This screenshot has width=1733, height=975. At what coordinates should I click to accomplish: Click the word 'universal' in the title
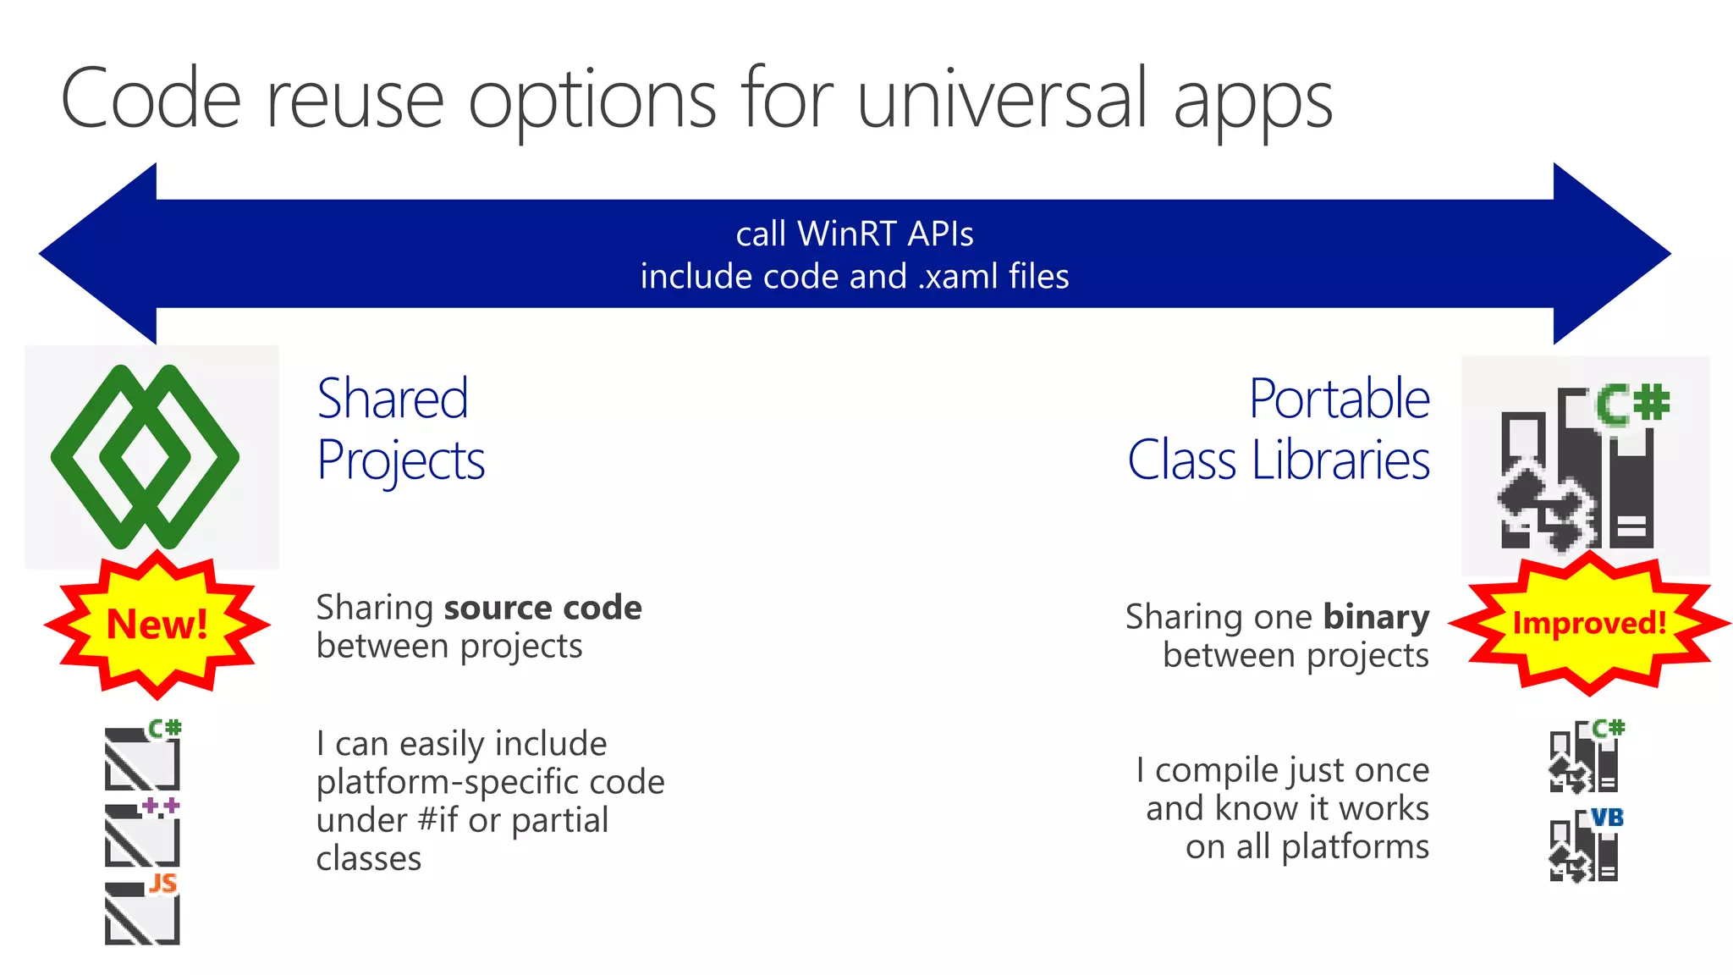(1003, 99)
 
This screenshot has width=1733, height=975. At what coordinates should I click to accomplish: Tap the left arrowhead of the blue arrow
(102, 253)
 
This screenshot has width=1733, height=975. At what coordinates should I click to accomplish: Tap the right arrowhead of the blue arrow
(1608, 253)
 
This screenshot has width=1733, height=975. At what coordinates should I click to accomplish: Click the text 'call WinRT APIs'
(854, 234)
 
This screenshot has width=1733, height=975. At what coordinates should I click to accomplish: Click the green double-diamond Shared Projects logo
(146, 456)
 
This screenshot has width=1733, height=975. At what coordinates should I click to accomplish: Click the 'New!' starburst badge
(157, 625)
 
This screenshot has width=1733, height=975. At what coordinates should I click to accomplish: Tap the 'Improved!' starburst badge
(1589, 624)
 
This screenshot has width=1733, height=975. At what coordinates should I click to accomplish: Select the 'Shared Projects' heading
(399, 428)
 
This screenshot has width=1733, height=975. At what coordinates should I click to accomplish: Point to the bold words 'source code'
(542, 608)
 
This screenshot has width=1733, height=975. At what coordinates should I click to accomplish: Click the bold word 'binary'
(1376, 617)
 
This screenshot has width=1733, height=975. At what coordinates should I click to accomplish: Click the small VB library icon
(1585, 846)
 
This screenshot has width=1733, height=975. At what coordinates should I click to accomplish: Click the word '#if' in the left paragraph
(437, 820)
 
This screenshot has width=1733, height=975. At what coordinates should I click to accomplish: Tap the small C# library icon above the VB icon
(1585, 756)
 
